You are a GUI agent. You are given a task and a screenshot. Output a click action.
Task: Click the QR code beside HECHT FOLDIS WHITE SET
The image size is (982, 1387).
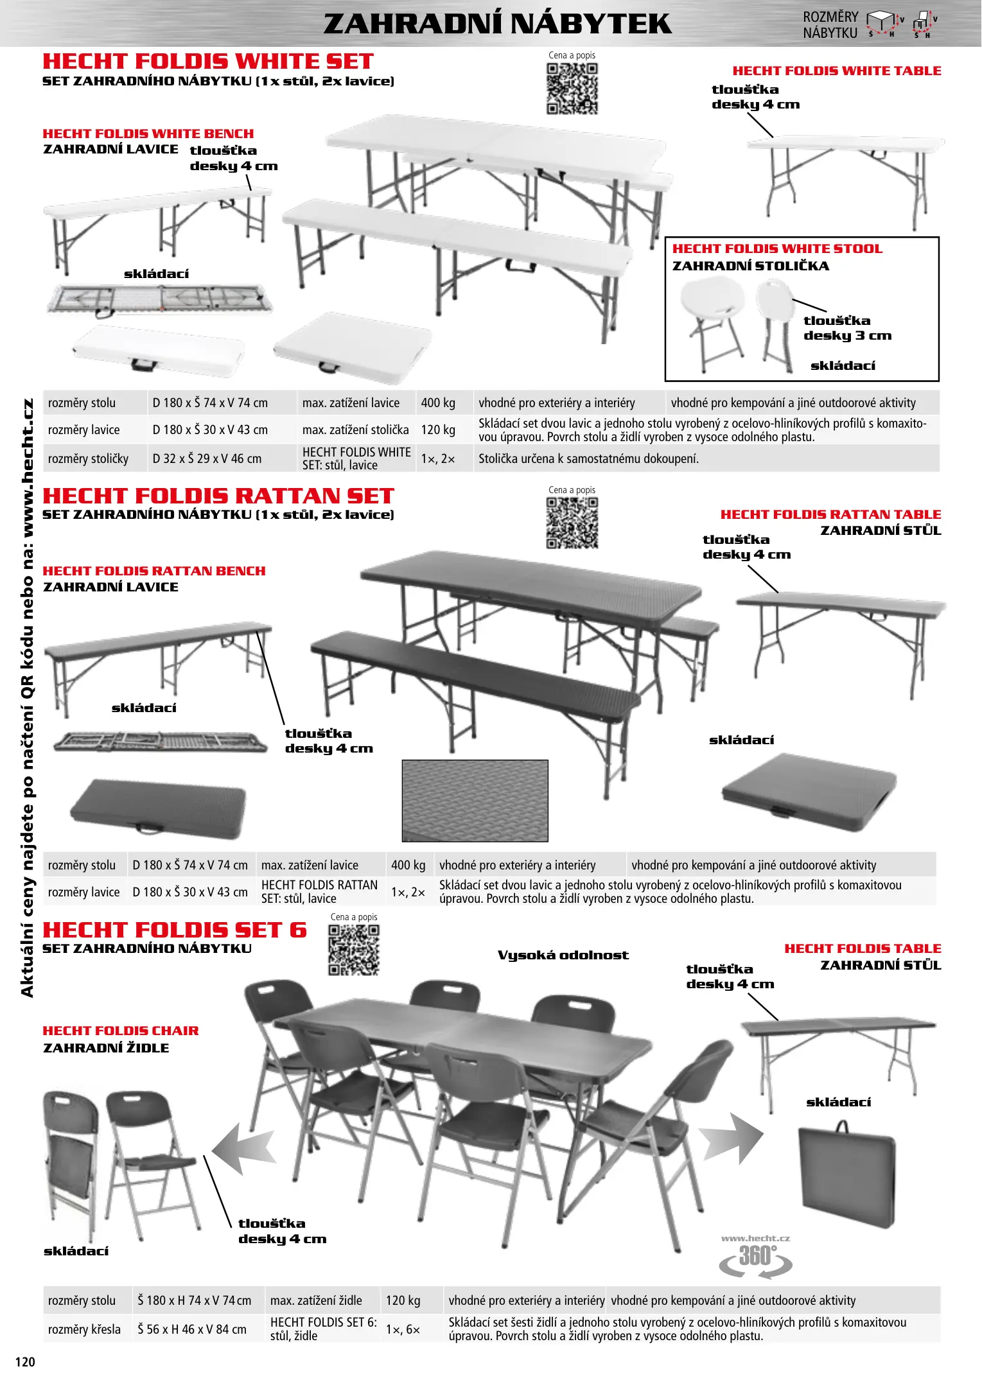[572, 89]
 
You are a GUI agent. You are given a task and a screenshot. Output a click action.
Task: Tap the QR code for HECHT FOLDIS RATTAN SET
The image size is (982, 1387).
[572, 523]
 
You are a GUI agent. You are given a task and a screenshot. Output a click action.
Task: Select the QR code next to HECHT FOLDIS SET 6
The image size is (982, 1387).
[353, 950]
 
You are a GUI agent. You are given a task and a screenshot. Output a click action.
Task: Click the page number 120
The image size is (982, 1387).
[25, 1361]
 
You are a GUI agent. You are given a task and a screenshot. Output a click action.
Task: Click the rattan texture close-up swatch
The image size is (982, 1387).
[475, 800]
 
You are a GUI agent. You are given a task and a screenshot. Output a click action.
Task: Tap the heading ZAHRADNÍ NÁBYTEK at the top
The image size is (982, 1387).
[497, 24]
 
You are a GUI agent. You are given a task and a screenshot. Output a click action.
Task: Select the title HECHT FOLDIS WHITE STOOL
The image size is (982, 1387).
[777, 249]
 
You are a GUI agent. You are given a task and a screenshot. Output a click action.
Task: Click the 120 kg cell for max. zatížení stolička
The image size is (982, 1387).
[438, 430]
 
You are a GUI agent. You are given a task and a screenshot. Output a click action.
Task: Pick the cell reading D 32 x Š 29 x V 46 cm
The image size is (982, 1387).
[207, 458]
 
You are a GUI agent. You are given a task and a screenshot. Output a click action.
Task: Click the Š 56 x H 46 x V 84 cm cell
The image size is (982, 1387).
[192, 1329]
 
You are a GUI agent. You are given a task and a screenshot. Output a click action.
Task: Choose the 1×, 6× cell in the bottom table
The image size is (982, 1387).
[403, 1329]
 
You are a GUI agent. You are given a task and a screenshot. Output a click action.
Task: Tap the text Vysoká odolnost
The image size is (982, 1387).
[563, 955]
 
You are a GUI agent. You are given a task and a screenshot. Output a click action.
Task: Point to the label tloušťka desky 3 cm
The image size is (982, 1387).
[847, 328]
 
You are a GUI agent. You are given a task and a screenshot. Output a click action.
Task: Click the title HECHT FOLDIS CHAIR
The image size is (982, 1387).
[121, 1031]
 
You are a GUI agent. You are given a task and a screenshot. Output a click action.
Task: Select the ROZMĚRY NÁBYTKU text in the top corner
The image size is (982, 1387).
[830, 25]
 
